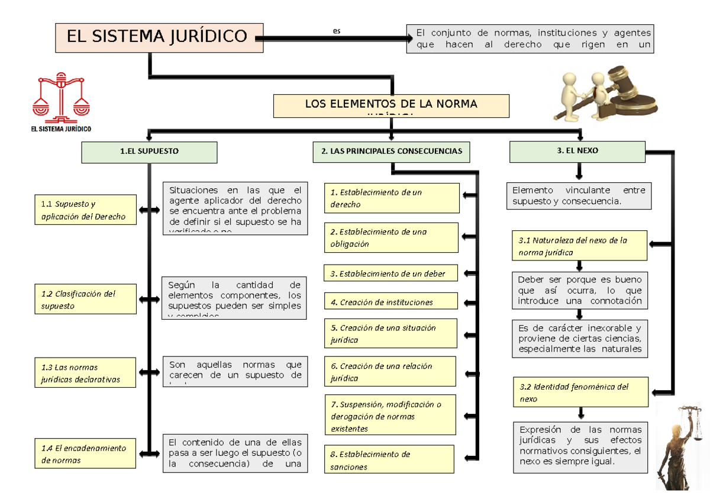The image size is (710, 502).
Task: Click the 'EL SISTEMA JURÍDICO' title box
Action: click(x=159, y=37)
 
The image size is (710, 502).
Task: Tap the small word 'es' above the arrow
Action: click(x=337, y=31)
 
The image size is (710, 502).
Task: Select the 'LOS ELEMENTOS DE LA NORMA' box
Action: click(x=391, y=105)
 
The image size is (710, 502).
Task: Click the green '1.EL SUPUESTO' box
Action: click(x=149, y=152)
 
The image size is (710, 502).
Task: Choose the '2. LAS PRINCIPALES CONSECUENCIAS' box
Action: click(x=391, y=152)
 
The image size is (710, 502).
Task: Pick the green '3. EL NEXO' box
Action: click(x=577, y=152)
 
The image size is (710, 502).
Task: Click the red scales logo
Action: click(x=61, y=96)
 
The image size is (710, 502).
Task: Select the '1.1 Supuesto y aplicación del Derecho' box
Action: click(x=86, y=210)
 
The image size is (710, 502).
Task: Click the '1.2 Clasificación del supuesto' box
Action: click(x=85, y=300)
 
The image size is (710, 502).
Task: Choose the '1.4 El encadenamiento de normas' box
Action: click(x=85, y=454)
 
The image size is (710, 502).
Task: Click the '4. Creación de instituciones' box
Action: click(x=391, y=302)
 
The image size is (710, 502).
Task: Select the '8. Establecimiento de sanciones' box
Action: click(x=389, y=461)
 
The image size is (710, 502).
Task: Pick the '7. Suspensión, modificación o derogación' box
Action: click(x=390, y=416)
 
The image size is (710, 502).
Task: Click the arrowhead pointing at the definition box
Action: click(x=408, y=39)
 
